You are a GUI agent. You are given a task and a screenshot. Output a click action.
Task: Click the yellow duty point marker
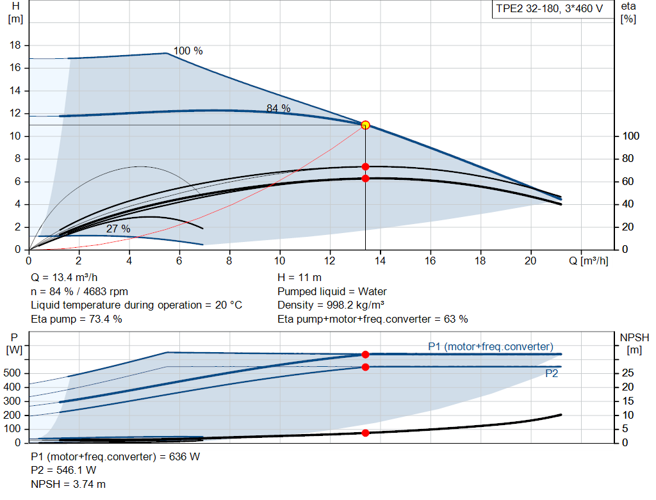pos(365,125)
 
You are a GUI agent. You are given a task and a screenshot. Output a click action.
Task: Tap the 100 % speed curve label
pos(188,51)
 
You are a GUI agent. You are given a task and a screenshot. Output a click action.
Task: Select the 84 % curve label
pos(278,109)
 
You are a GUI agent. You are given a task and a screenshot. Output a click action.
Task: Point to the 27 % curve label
pos(118,229)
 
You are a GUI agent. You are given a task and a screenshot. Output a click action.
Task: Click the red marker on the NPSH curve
pos(365,433)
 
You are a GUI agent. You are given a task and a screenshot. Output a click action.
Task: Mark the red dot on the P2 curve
pos(365,367)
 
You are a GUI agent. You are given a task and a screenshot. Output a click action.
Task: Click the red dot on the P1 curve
pos(365,354)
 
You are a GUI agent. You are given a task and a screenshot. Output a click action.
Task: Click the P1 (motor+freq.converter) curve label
pos(490,346)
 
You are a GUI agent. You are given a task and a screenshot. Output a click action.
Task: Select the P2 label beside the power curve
pos(551,374)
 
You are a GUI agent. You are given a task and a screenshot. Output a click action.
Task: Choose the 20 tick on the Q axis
pos(530,261)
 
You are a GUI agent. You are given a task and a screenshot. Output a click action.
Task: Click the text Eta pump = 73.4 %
pos(76,319)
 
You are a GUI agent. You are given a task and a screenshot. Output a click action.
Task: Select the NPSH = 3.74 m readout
pos(69,484)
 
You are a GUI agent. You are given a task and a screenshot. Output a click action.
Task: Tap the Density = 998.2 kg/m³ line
pos(331,305)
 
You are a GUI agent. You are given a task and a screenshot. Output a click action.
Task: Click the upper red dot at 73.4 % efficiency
pos(365,166)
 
